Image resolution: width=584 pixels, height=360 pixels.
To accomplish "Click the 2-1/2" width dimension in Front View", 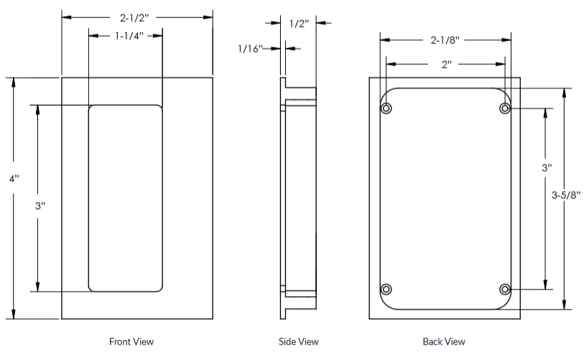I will tap(136, 15).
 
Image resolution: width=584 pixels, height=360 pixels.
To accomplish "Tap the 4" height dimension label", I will tap(14, 178).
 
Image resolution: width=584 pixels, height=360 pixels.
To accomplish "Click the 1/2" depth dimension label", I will tap(298, 24).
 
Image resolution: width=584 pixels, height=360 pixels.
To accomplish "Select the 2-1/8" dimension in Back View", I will tap(445, 40).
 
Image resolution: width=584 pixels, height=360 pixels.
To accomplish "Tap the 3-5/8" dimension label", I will tap(565, 195).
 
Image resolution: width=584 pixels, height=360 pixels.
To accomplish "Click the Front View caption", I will tap(131, 341).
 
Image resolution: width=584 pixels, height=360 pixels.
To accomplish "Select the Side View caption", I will tap(298, 341).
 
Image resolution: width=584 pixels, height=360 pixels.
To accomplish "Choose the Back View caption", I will tap(443, 341).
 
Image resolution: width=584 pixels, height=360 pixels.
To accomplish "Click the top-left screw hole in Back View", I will tap(387, 109).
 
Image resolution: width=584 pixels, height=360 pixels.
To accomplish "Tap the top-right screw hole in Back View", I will tap(505, 109).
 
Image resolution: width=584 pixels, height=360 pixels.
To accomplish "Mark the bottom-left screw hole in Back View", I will tap(387, 289).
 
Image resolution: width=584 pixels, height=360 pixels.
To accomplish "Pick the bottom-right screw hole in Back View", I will tap(505, 289).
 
